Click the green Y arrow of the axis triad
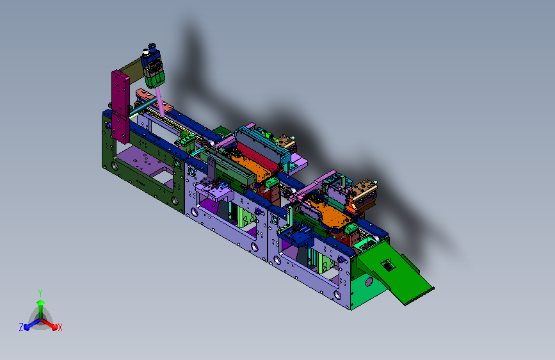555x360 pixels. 41,307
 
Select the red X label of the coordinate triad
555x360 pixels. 60,328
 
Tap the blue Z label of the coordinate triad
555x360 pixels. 21,327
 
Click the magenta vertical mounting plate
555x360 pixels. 121,106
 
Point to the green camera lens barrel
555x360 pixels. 156,79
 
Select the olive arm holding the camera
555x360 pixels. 131,69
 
